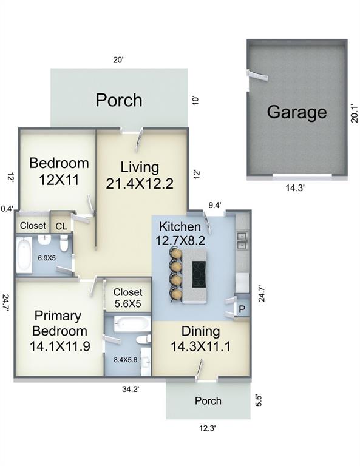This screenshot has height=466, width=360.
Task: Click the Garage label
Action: pos(297,112)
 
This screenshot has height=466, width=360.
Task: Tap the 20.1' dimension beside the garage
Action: pos(354,113)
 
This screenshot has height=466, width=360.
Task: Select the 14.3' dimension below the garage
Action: pos(295,188)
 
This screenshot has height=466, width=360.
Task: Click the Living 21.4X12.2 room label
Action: pos(140,175)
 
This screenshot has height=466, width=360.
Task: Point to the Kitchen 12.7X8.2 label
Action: pos(180,233)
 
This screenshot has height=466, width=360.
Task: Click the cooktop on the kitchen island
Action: pos(199,274)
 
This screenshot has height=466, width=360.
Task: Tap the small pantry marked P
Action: pos(242,309)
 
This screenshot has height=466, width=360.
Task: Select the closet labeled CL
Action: pos(61,226)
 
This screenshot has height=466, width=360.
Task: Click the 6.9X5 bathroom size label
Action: pos(47,258)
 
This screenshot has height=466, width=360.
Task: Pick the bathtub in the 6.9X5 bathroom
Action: pos(24,255)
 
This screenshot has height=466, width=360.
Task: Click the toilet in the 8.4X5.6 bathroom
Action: pos(143,339)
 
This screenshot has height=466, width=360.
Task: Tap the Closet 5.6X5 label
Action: pos(128,298)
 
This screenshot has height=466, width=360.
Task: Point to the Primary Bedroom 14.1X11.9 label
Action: pos(59,331)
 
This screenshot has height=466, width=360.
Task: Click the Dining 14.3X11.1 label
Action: pos(201,339)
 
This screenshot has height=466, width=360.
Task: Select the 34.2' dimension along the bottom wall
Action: pos(131,389)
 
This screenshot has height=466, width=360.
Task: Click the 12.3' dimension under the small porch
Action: pos(207,428)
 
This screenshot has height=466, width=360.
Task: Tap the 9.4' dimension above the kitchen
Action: pos(215,205)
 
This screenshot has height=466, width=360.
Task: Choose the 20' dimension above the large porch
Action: pos(118,60)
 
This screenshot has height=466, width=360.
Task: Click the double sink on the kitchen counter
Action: pos(242,241)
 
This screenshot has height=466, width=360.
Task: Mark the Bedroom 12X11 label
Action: pos(59,172)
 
